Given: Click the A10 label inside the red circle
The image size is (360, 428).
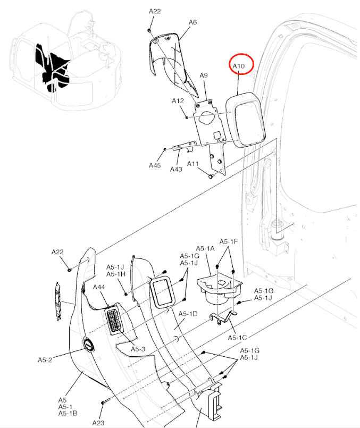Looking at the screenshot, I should tap(239, 66).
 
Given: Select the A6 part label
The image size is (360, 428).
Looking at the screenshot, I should tap(192, 23).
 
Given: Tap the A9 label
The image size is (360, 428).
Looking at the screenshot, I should tap(204, 76).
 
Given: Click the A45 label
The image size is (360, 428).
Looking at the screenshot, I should tap(154, 165).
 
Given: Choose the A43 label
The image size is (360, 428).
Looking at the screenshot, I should tap(177, 169).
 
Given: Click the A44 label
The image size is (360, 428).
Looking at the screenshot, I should tap(99, 287).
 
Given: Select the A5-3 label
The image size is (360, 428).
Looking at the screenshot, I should tap(138, 349).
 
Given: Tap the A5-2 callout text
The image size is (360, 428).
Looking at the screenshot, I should tap(45, 360).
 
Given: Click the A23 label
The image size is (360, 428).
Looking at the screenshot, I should tap(98, 423).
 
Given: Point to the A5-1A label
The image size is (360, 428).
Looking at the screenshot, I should tap(205, 248).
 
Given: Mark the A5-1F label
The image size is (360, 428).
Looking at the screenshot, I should tap(230, 242).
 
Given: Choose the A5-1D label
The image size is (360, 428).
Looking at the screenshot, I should tap(188, 314).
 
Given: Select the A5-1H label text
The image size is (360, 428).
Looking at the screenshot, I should tap(115, 274).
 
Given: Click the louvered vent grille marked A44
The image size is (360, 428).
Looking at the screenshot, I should tap(115, 321).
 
